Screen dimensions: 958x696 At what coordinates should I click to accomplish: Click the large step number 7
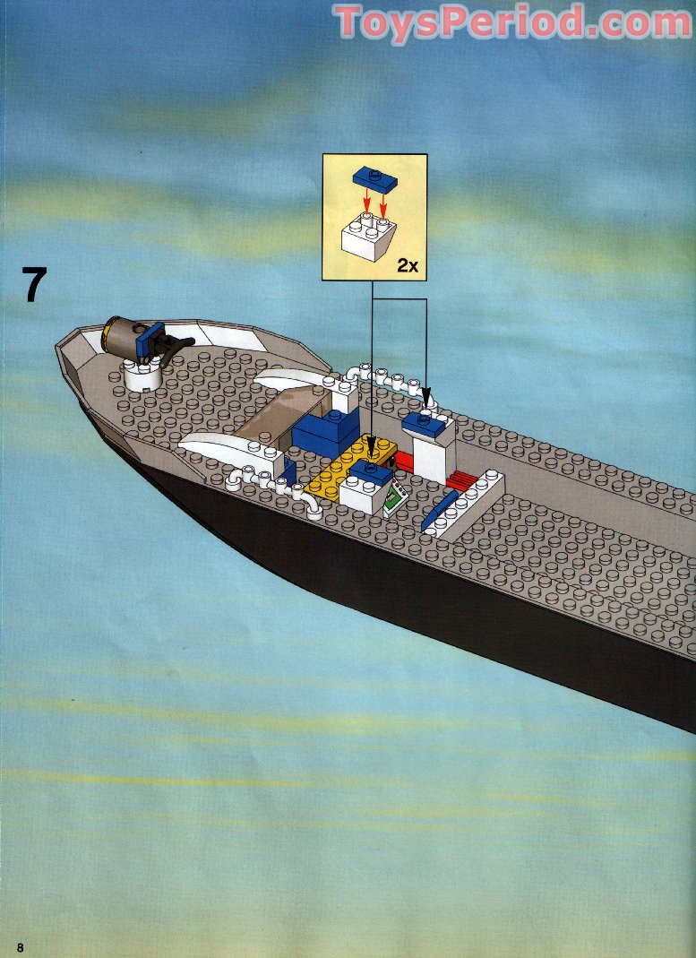click(33, 284)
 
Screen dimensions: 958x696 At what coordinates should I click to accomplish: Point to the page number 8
click(19, 948)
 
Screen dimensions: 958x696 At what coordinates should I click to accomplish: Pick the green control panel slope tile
click(394, 496)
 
